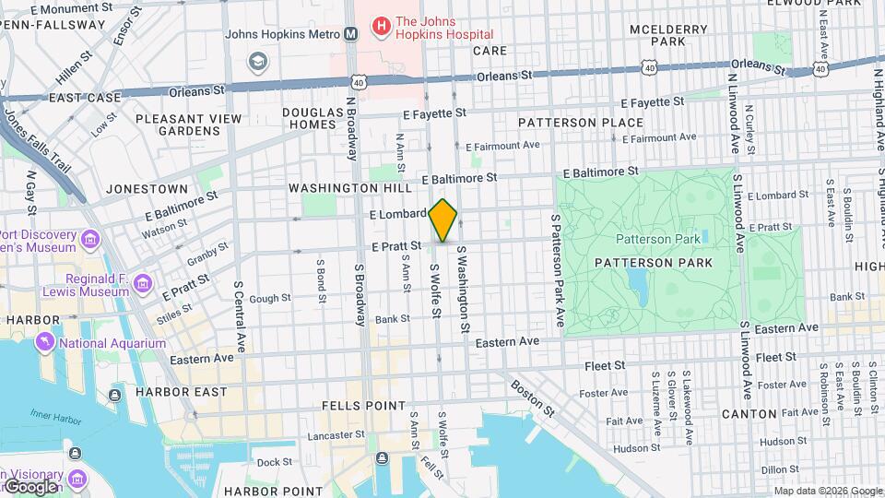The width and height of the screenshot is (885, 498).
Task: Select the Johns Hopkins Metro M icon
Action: pyautogui.click(x=350, y=35)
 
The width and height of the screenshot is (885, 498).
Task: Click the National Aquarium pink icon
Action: pyautogui.click(x=44, y=343)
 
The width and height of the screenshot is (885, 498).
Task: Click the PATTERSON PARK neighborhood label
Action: pyautogui.click(x=653, y=263)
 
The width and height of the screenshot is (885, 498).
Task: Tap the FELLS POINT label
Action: pyautogui.click(x=363, y=406)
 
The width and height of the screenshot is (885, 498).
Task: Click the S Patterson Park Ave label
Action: pyautogui.click(x=558, y=270)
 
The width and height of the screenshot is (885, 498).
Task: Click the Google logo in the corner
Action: pyautogui.click(x=29, y=486)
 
